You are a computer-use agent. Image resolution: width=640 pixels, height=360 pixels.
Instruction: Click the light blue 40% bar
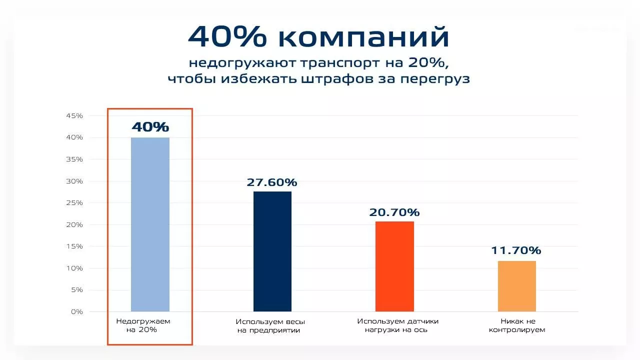click(150, 224)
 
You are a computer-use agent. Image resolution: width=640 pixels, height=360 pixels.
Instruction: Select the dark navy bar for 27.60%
click(272, 251)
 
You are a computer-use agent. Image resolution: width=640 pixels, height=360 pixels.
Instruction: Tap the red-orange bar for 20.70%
click(394, 266)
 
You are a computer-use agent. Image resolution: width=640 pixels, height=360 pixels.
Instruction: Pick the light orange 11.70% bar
click(517, 286)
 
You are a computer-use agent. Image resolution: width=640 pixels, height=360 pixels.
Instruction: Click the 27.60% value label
click(272, 182)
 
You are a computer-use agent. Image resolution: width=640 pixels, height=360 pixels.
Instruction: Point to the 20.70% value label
click(394, 212)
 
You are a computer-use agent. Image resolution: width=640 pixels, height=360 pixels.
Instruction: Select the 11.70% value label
click(516, 250)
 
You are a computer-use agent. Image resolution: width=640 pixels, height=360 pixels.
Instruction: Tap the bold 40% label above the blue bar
click(150, 127)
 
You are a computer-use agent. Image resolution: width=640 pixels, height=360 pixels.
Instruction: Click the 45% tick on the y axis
click(74, 115)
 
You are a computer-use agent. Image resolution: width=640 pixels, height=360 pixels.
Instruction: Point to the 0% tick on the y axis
click(77, 311)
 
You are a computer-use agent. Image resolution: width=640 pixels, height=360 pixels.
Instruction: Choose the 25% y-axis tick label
click(74, 203)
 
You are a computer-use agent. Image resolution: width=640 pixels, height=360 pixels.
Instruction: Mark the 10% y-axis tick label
click(74, 268)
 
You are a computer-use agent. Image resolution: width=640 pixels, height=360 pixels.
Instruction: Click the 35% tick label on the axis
click(74, 159)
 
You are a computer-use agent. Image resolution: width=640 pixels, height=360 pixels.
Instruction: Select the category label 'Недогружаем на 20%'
click(143, 325)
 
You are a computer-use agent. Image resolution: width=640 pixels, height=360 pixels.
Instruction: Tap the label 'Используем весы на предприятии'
click(270, 326)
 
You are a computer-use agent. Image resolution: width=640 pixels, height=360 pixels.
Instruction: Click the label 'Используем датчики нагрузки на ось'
click(397, 325)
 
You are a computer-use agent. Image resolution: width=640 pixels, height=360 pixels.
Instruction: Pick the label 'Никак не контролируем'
click(517, 325)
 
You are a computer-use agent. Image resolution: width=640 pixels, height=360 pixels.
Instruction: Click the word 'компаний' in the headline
click(363, 37)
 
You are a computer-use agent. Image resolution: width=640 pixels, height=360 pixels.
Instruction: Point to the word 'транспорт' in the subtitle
click(341, 63)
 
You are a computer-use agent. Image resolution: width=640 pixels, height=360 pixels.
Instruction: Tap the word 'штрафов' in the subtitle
click(337, 79)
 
